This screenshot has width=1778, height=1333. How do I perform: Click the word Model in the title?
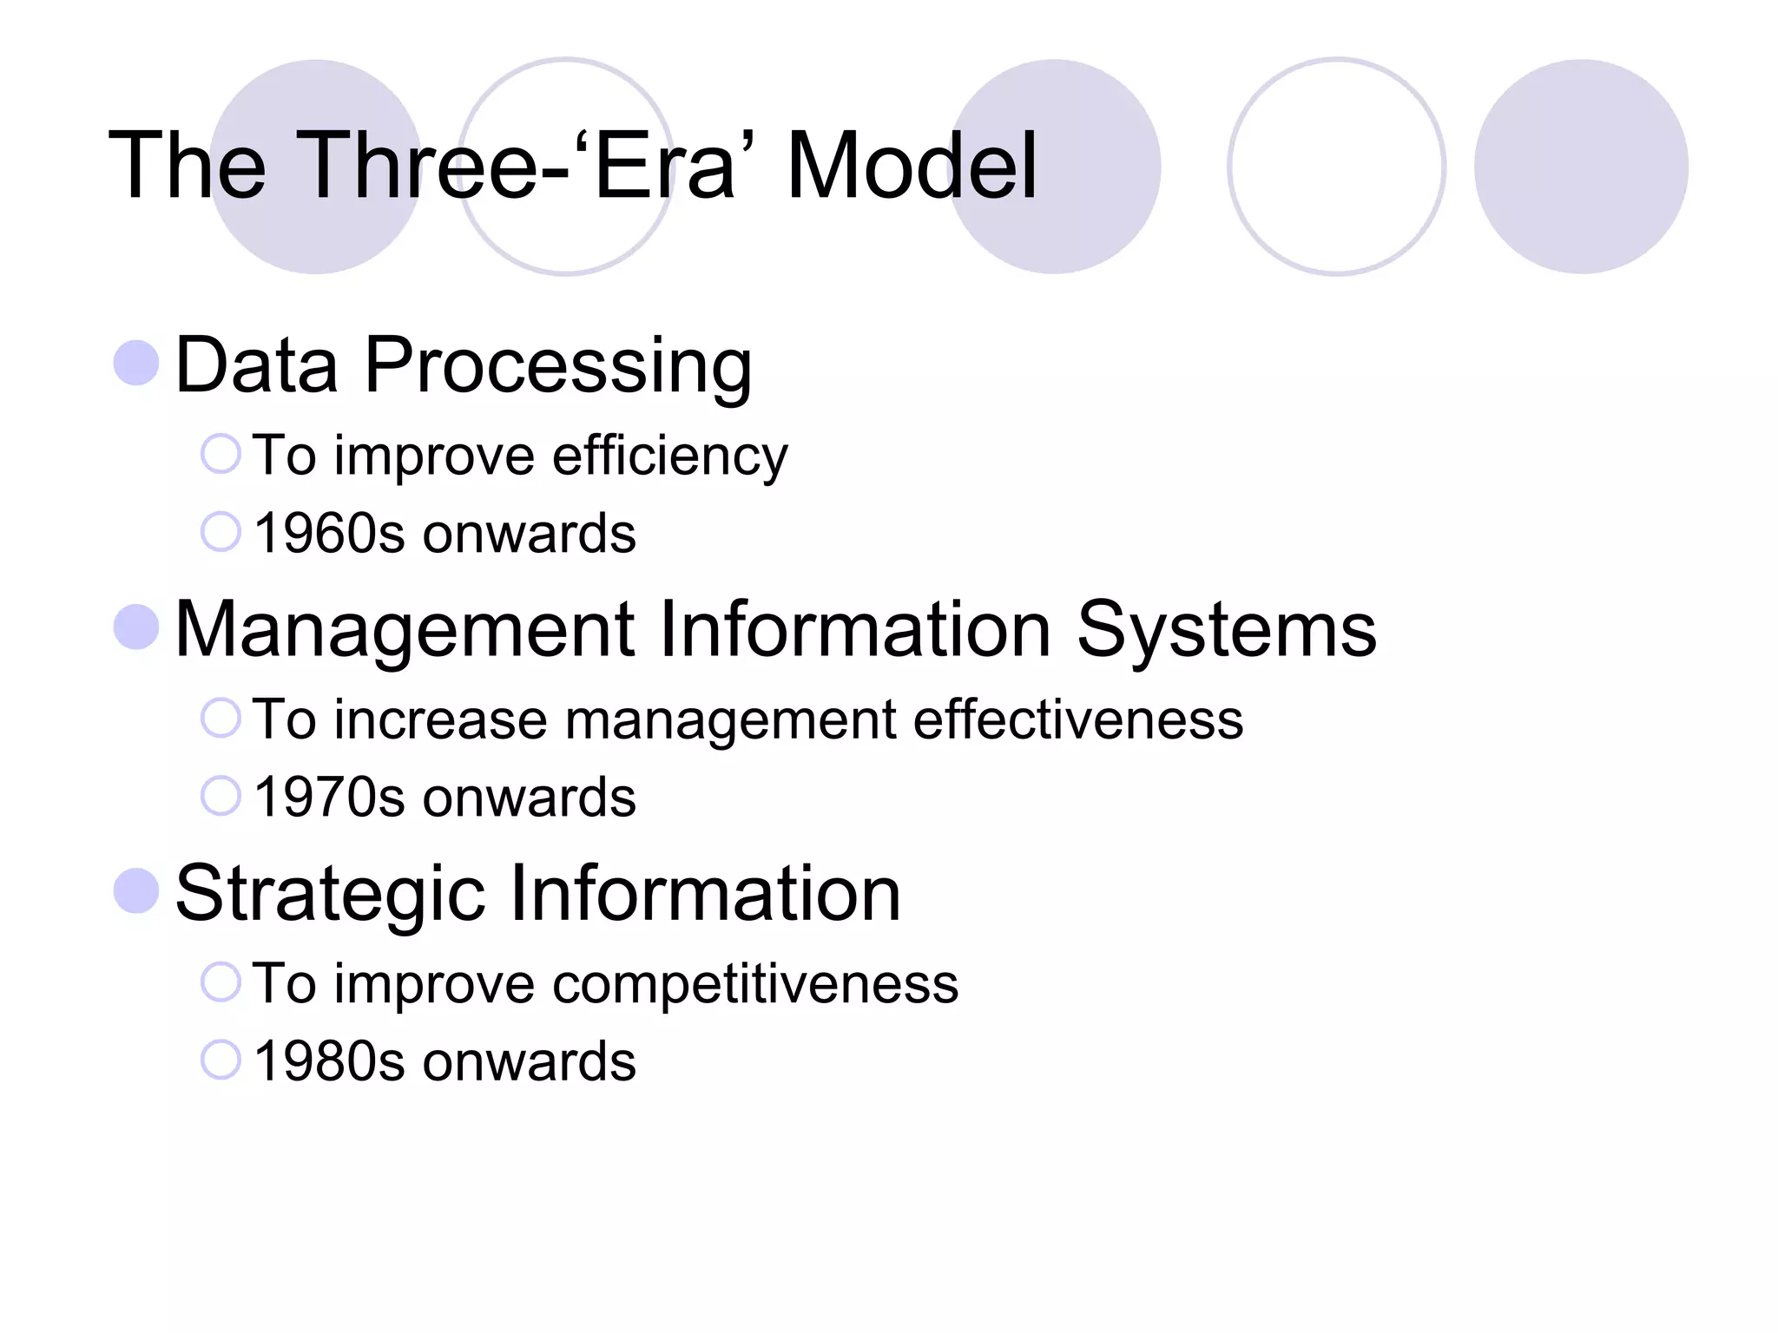click(912, 165)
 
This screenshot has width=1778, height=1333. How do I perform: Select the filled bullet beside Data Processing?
click(136, 362)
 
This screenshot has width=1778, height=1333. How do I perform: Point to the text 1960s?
click(329, 533)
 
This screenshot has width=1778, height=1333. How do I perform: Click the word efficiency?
click(669, 456)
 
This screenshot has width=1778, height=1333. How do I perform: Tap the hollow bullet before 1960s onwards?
click(221, 532)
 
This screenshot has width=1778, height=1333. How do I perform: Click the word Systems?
click(1226, 630)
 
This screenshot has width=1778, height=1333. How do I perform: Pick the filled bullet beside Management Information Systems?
click(136, 627)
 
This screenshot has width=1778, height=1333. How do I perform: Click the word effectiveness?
click(1077, 719)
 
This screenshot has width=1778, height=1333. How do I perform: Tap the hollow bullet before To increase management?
click(221, 718)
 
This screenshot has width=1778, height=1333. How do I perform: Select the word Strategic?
click(330, 894)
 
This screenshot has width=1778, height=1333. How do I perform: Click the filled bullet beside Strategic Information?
click(136, 890)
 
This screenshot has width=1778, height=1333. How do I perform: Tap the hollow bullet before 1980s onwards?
click(221, 1060)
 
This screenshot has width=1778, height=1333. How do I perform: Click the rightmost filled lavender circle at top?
click(1581, 167)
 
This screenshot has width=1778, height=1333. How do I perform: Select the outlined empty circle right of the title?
click(1336, 167)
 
